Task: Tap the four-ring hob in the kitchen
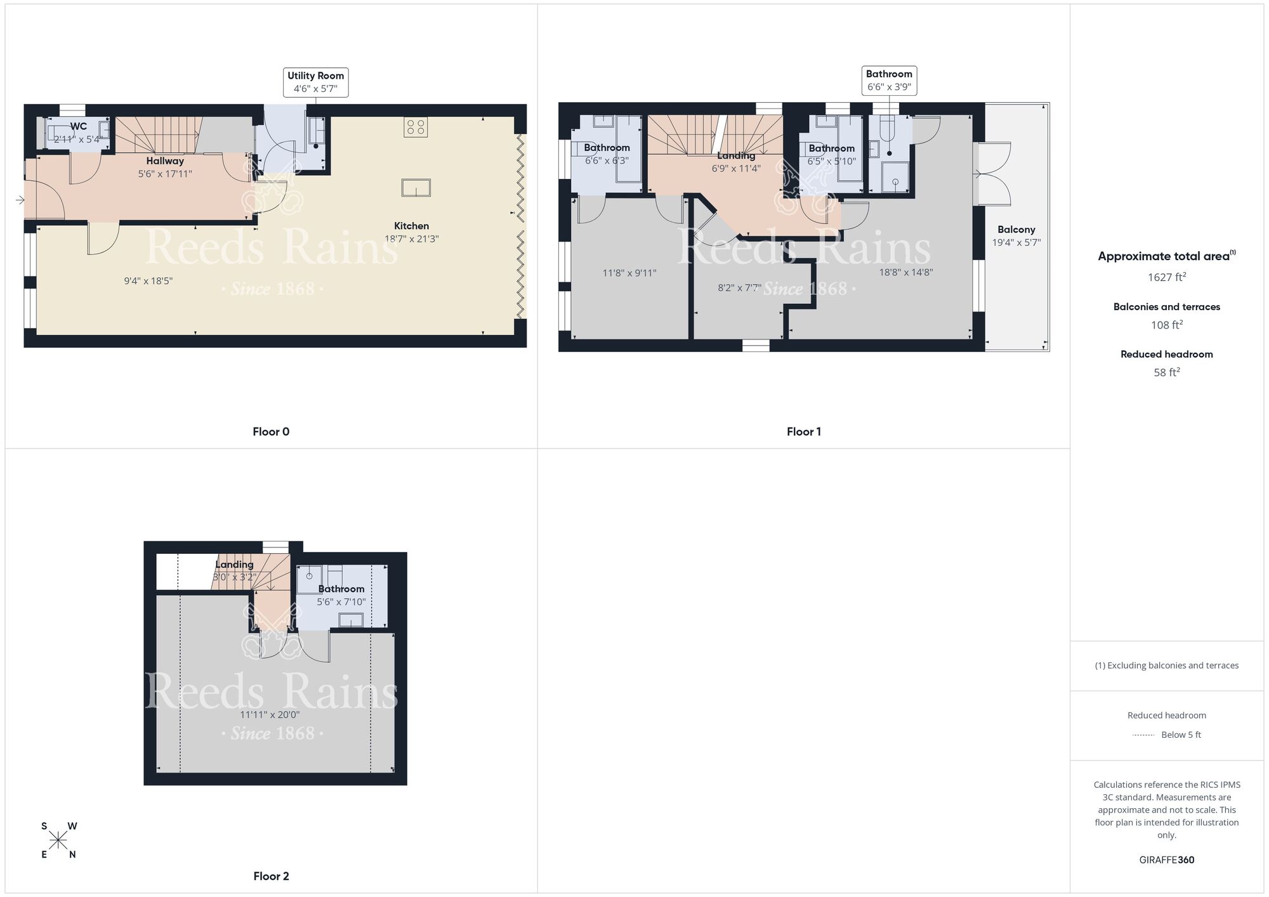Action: (416, 128)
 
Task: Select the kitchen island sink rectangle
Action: (416, 188)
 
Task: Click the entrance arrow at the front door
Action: (20, 200)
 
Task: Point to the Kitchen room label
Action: (411, 226)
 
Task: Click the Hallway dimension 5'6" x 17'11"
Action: (165, 174)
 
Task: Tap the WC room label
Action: (79, 127)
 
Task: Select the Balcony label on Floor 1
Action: (1016, 230)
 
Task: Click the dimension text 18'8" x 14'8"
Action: (905, 273)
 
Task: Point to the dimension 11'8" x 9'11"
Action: (629, 273)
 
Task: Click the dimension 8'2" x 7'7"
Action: (739, 288)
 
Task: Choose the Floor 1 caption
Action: (803, 432)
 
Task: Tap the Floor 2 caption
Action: (271, 876)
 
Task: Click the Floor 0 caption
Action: (271, 432)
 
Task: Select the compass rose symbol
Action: (58, 841)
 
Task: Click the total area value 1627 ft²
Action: (1166, 277)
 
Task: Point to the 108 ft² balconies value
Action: (1166, 325)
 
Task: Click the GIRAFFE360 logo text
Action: (1166, 860)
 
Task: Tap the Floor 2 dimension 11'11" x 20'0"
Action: (270, 715)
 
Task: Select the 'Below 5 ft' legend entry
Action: (1180, 735)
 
